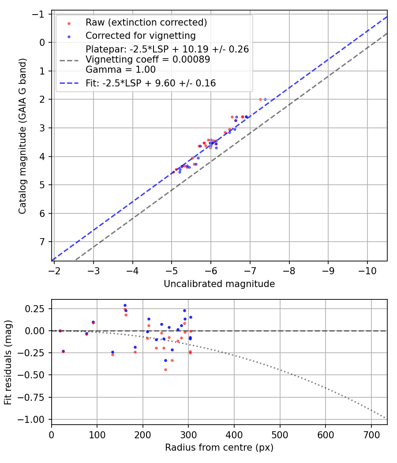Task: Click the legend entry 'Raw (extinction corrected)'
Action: (146, 22)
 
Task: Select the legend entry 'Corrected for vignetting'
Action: (140, 35)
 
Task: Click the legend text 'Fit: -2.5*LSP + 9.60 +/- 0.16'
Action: (151, 83)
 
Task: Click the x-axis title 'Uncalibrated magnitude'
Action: (219, 284)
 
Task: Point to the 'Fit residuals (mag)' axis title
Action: (8, 362)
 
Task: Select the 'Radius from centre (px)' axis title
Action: (219, 448)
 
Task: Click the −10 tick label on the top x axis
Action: (367, 270)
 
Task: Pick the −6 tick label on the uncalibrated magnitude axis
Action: (211, 270)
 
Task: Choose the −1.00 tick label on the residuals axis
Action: (35, 419)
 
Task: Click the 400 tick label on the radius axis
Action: (234, 434)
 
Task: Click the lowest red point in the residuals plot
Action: (165, 370)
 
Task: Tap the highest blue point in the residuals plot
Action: (125, 305)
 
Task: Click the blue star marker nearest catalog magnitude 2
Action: (265, 99)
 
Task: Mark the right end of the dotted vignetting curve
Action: (386, 418)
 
